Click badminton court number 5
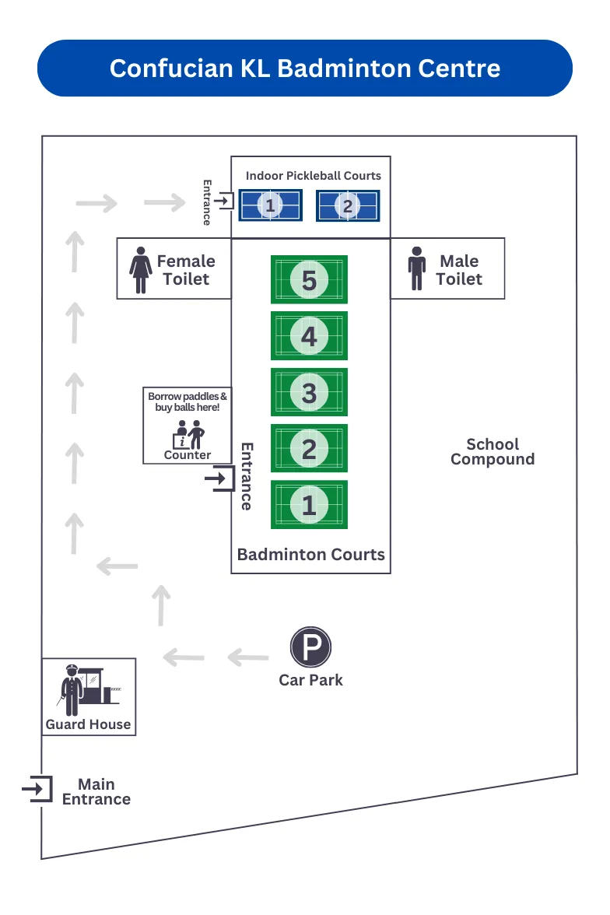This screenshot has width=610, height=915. [x=309, y=279]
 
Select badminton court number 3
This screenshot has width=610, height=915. [x=309, y=392]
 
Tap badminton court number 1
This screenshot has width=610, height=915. [x=309, y=505]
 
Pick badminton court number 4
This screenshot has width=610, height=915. [x=309, y=336]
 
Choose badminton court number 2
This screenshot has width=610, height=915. [x=309, y=449]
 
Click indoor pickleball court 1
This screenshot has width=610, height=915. [x=270, y=205]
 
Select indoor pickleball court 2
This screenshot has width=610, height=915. [x=348, y=205]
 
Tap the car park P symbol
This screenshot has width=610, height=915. [x=311, y=647]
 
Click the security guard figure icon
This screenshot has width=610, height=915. [x=72, y=689]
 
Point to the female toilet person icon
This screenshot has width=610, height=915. [x=141, y=270]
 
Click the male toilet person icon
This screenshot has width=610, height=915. [x=417, y=270]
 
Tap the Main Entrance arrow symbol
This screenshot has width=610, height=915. [x=37, y=790]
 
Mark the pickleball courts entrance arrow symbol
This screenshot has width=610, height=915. [x=223, y=202]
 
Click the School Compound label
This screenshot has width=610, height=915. [x=493, y=451]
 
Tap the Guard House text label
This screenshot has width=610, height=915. [x=88, y=724]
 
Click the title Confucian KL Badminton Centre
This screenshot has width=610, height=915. [x=305, y=68]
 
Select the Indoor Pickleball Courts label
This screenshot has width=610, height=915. [x=314, y=176]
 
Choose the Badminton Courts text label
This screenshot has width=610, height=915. [x=310, y=554]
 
